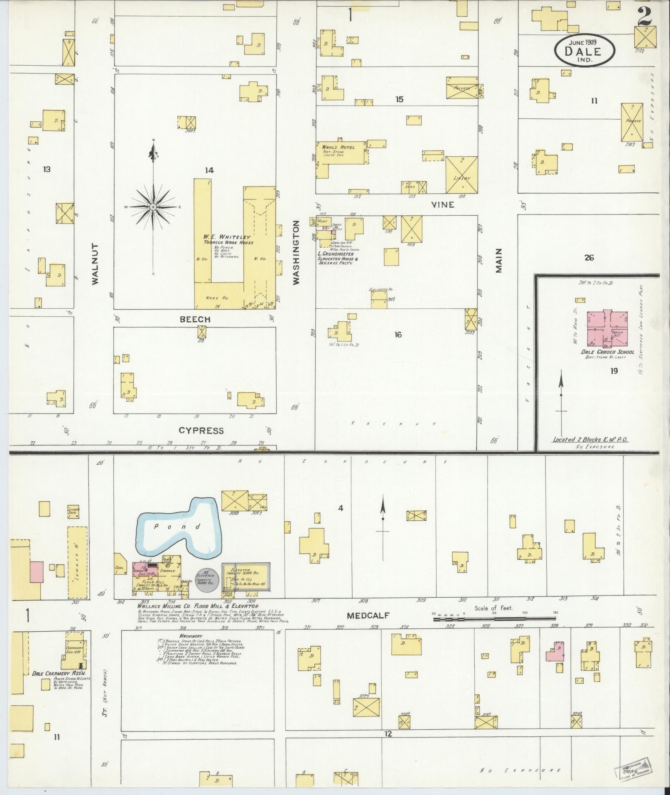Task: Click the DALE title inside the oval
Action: [583, 51]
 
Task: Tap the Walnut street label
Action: [96, 264]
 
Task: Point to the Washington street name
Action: [296, 253]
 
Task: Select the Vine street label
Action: [442, 205]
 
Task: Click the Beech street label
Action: [195, 319]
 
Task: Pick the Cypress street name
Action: [201, 431]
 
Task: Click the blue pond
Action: [179, 529]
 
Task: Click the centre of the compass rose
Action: [153, 207]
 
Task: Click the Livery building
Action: [461, 175]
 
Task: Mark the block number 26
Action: [589, 258]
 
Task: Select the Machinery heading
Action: [191, 636]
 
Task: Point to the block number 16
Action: [398, 335]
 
